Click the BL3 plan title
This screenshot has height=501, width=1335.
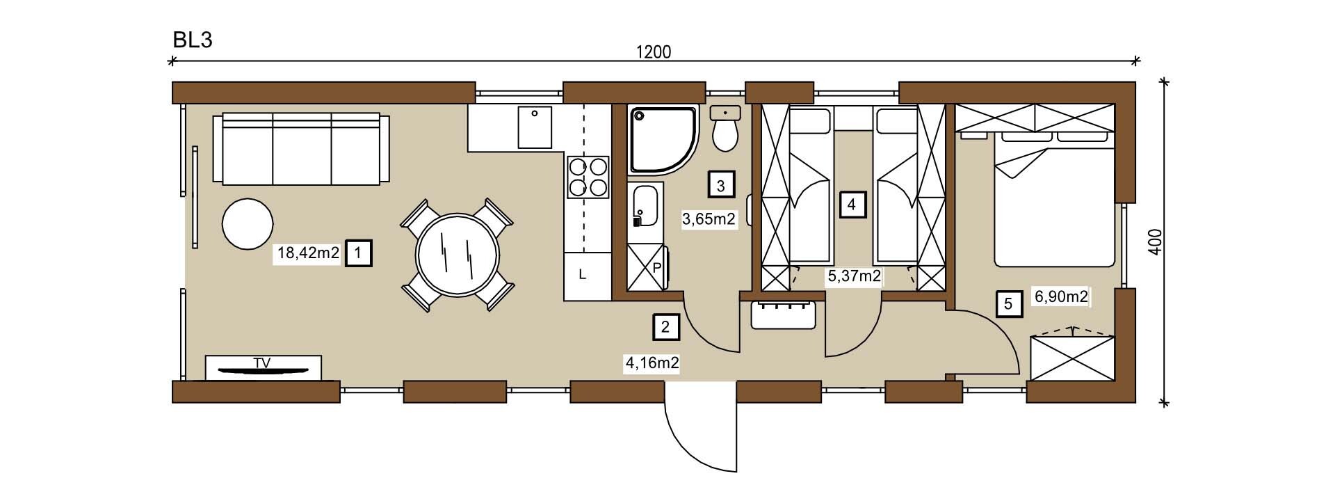[193, 40]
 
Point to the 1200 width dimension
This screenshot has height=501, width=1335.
[654, 52]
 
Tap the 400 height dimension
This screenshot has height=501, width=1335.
[1155, 242]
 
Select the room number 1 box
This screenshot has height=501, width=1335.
[358, 253]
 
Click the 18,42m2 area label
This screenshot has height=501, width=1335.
[308, 253]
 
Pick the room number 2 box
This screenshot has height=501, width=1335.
[666, 327]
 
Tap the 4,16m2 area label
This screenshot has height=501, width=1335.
[652, 363]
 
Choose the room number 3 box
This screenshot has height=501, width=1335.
[721, 186]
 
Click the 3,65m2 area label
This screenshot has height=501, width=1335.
[709, 220]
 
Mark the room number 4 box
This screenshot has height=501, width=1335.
[852, 205]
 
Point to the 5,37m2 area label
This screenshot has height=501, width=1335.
[854, 276]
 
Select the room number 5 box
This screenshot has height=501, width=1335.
[1009, 304]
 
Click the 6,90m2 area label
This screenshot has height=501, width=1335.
[1061, 297]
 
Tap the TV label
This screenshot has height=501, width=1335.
[262, 363]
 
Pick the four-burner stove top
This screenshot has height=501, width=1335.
[588, 177]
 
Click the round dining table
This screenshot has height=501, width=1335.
[458, 254]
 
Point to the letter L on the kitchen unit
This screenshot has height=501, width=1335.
[583, 275]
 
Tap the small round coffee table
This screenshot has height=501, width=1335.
[247, 224]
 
